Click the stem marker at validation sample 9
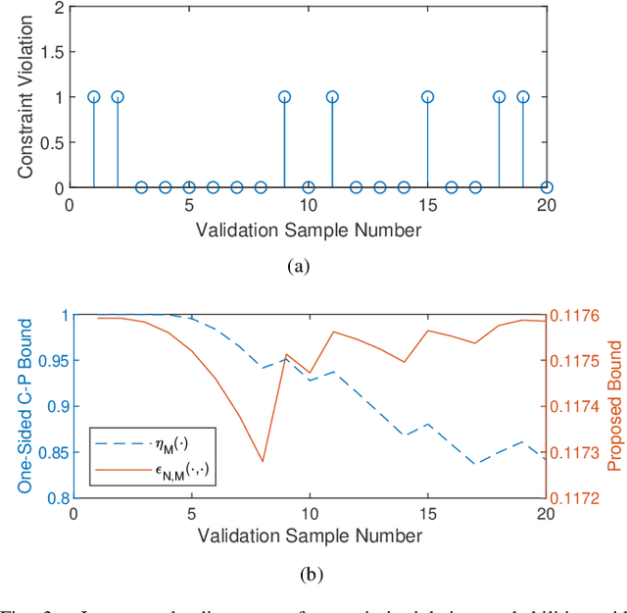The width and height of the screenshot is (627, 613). (x=284, y=97)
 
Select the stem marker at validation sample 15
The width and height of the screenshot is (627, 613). (x=427, y=97)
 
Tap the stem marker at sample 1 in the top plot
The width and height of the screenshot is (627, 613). (x=94, y=97)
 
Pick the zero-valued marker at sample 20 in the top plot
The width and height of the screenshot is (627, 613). (x=547, y=187)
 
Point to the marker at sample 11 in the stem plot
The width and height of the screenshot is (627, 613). (x=332, y=97)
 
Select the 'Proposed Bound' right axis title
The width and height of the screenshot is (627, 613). (x=614, y=406)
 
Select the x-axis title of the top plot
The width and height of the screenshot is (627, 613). (x=308, y=230)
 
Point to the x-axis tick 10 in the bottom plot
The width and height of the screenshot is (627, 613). (x=308, y=513)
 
